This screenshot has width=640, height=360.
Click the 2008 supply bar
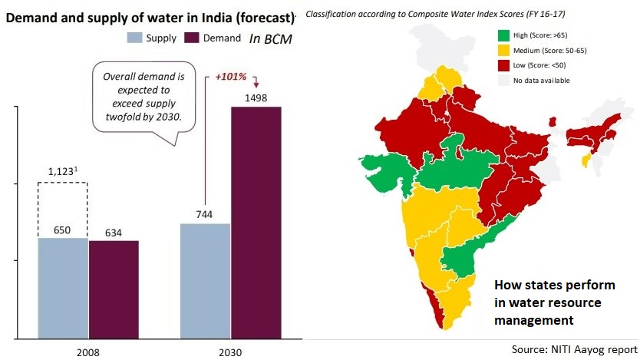click(x=63, y=288)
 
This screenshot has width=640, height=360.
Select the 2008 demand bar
click(x=114, y=289)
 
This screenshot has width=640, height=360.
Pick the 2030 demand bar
click(x=256, y=223)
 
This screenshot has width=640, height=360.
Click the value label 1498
click(x=255, y=97)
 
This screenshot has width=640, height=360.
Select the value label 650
click(x=63, y=228)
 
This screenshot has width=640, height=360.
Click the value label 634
click(x=114, y=232)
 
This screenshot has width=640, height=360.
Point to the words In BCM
click(x=272, y=38)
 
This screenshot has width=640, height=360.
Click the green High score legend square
click(x=503, y=35)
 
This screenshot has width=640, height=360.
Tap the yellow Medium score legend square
click(x=503, y=50)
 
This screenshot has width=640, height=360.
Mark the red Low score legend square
click(x=503, y=65)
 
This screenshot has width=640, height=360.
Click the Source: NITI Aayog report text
click(x=574, y=349)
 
